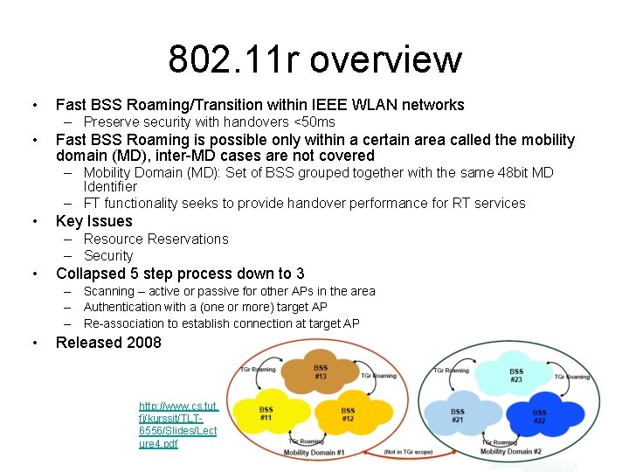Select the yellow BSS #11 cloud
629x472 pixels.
point(266,413)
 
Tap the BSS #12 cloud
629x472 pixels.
point(348,413)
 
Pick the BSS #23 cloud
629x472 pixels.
point(515,376)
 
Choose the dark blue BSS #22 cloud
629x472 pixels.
point(539,416)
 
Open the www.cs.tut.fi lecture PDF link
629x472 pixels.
point(178,425)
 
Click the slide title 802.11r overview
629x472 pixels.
point(314,59)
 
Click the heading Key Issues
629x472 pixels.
point(93,221)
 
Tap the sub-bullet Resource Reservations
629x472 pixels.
point(156,239)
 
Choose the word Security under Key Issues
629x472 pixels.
point(108,255)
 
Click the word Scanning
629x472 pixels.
point(108,291)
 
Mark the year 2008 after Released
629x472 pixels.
point(144,343)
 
